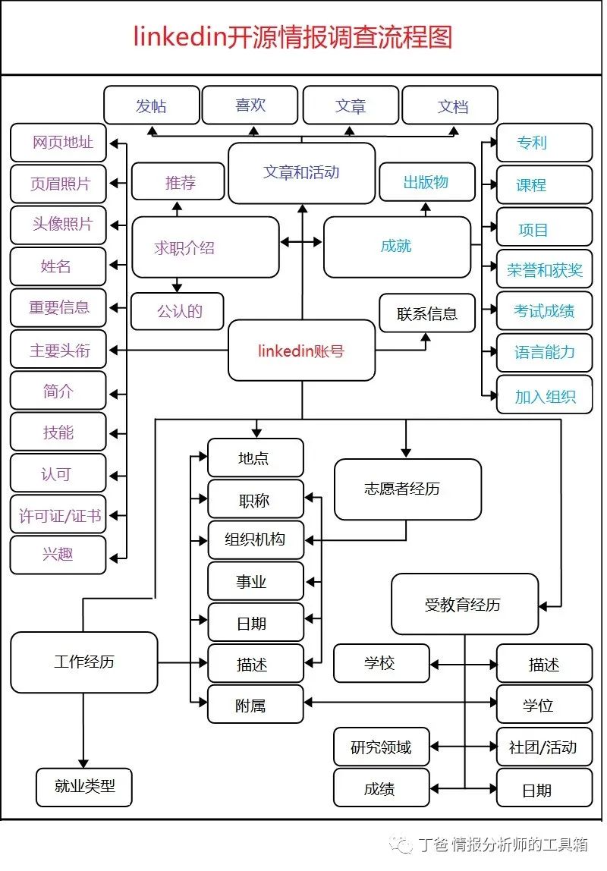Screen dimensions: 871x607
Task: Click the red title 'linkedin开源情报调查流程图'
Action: coord(293,36)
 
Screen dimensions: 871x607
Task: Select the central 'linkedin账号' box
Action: coord(301,351)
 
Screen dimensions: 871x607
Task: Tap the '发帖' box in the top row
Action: coord(152,105)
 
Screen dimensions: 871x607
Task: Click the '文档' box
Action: coord(450,105)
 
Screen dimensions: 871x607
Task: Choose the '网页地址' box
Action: coord(58,143)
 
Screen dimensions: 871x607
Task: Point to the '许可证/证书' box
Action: coord(58,515)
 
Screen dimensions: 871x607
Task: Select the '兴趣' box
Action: coord(58,555)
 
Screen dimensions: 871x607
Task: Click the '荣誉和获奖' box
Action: coord(544,269)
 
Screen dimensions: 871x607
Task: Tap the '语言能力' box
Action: coord(544,352)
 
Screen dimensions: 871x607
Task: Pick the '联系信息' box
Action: coord(427,313)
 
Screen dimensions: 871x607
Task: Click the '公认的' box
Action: coord(178,311)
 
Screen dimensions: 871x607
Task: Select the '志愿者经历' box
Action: coord(407,489)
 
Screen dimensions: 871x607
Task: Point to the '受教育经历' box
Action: coord(464,605)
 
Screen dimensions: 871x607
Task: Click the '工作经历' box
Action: coord(84,662)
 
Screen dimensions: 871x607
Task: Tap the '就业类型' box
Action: coord(84,787)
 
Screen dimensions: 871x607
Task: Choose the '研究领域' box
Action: coord(381,747)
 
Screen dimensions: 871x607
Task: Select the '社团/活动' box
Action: coord(544,747)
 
